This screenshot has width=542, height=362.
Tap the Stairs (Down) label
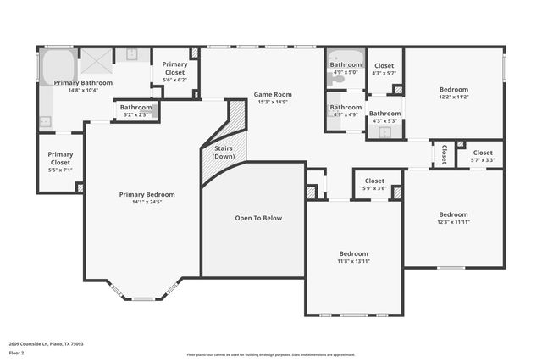click(x=224, y=153)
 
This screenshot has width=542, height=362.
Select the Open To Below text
click(x=258, y=218)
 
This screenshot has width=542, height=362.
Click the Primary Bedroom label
click(x=141, y=194)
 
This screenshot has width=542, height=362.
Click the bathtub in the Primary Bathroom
click(x=58, y=67)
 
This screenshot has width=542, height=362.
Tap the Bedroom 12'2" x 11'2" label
click(x=453, y=89)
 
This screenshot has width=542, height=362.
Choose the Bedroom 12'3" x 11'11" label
click(x=453, y=214)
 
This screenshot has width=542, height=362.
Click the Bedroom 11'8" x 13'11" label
click(x=354, y=253)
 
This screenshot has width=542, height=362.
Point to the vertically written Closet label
click(x=444, y=153)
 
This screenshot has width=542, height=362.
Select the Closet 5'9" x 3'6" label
click(x=375, y=181)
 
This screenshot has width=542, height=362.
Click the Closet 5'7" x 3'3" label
click(x=482, y=153)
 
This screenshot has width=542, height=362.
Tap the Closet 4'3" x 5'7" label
click(x=384, y=66)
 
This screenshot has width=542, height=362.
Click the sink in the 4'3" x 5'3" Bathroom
click(x=385, y=131)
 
